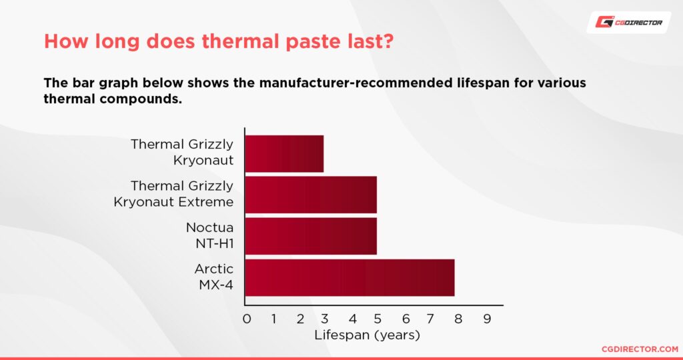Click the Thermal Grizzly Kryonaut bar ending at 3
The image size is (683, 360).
pyautogui.click(x=284, y=153)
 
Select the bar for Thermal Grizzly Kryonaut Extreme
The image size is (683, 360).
pyautogui.click(x=311, y=194)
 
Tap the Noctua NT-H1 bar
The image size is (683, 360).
pyautogui.click(x=311, y=236)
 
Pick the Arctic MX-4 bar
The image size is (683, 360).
pyautogui.click(x=350, y=277)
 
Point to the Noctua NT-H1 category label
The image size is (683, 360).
pyautogui.click(x=209, y=236)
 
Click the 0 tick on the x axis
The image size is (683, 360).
pyautogui.click(x=247, y=319)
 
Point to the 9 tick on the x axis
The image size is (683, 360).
pyautogui.click(x=487, y=319)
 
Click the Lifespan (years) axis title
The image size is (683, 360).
pyautogui.click(x=367, y=335)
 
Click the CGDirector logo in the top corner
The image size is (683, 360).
pyautogui.click(x=630, y=23)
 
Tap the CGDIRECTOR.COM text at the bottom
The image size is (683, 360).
pyautogui.click(x=639, y=349)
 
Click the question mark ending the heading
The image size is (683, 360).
pyautogui.click(x=387, y=41)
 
